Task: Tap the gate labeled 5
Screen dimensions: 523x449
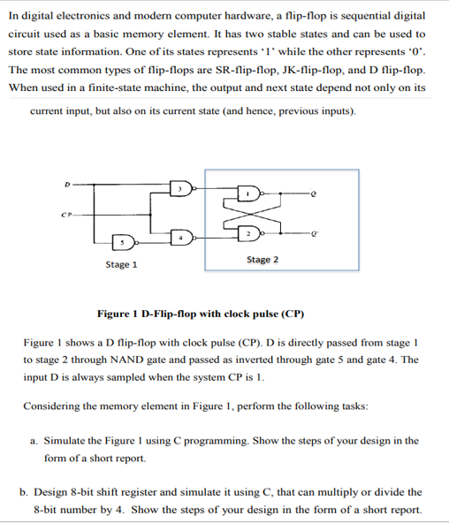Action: tap(124, 240)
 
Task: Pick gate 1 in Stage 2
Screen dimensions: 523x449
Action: tap(252, 194)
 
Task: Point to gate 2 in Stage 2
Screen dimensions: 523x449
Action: tap(252, 231)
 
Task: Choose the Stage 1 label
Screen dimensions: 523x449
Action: tap(121, 265)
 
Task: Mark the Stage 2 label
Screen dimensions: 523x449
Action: tap(263, 260)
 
